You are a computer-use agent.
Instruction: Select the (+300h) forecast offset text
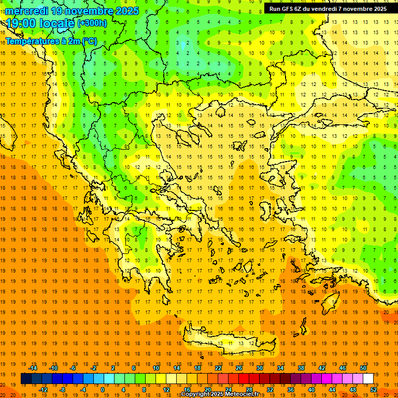[x=92, y=23]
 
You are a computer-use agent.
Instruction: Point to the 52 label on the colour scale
[x=373, y=390]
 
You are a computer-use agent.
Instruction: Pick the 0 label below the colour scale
[x=102, y=390]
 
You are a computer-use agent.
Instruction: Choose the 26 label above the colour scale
[x=239, y=368]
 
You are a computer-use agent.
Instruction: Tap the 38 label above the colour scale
[x=301, y=368]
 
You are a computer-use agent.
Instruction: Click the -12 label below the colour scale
[x=44, y=390]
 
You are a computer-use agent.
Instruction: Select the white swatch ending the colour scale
[x=368, y=379]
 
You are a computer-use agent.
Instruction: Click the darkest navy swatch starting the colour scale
[x=26, y=379]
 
